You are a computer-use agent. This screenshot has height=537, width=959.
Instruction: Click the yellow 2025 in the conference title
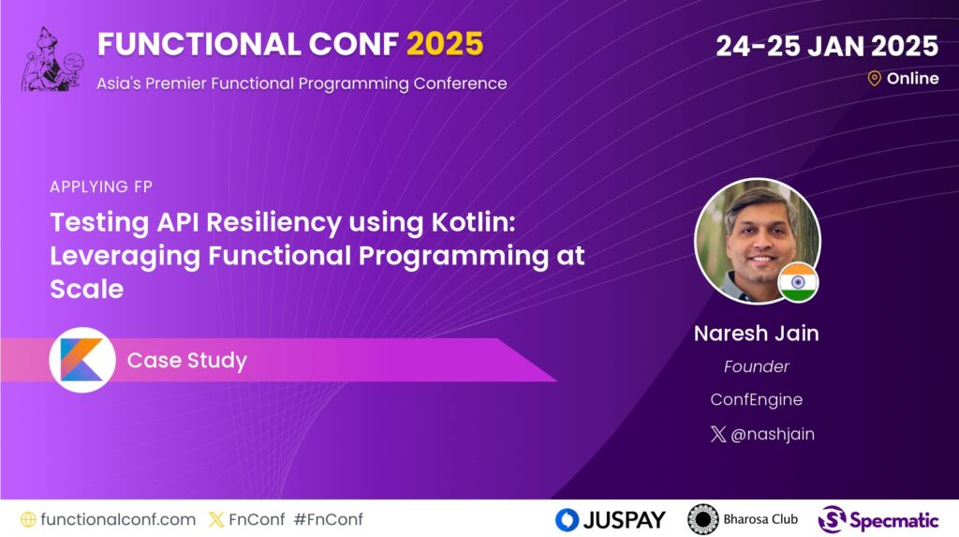(x=445, y=44)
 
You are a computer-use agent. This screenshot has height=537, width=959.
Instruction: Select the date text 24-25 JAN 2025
(x=827, y=46)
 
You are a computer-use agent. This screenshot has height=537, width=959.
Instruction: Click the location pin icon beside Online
(x=874, y=79)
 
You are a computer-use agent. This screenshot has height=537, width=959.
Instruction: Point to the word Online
(x=912, y=79)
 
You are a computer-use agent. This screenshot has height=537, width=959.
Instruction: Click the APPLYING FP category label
(x=101, y=186)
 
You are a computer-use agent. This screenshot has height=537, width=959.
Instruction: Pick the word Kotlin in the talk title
(x=473, y=222)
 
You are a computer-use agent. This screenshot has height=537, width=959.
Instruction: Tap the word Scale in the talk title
(x=87, y=289)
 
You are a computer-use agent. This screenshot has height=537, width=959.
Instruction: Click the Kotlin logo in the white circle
(x=82, y=360)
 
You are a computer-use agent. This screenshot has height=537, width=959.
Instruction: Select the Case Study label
(x=186, y=360)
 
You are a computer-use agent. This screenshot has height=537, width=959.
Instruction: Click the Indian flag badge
(x=798, y=282)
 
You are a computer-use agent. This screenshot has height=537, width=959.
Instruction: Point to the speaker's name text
(x=756, y=333)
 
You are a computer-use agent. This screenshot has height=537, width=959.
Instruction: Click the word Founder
(x=756, y=366)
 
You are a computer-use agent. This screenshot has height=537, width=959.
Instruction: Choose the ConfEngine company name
(x=756, y=399)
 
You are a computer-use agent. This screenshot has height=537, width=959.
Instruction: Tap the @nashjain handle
(x=773, y=434)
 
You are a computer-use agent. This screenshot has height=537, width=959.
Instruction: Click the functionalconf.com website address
(x=118, y=519)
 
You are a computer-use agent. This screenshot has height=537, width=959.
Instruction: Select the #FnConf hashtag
(x=329, y=519)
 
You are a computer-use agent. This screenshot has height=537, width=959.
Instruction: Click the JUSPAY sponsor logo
(x=610, y=520)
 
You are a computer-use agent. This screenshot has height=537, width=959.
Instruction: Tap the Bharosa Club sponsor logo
(x=743, y=519)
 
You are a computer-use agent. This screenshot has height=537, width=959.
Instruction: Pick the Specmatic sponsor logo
(x=878, y=520)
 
